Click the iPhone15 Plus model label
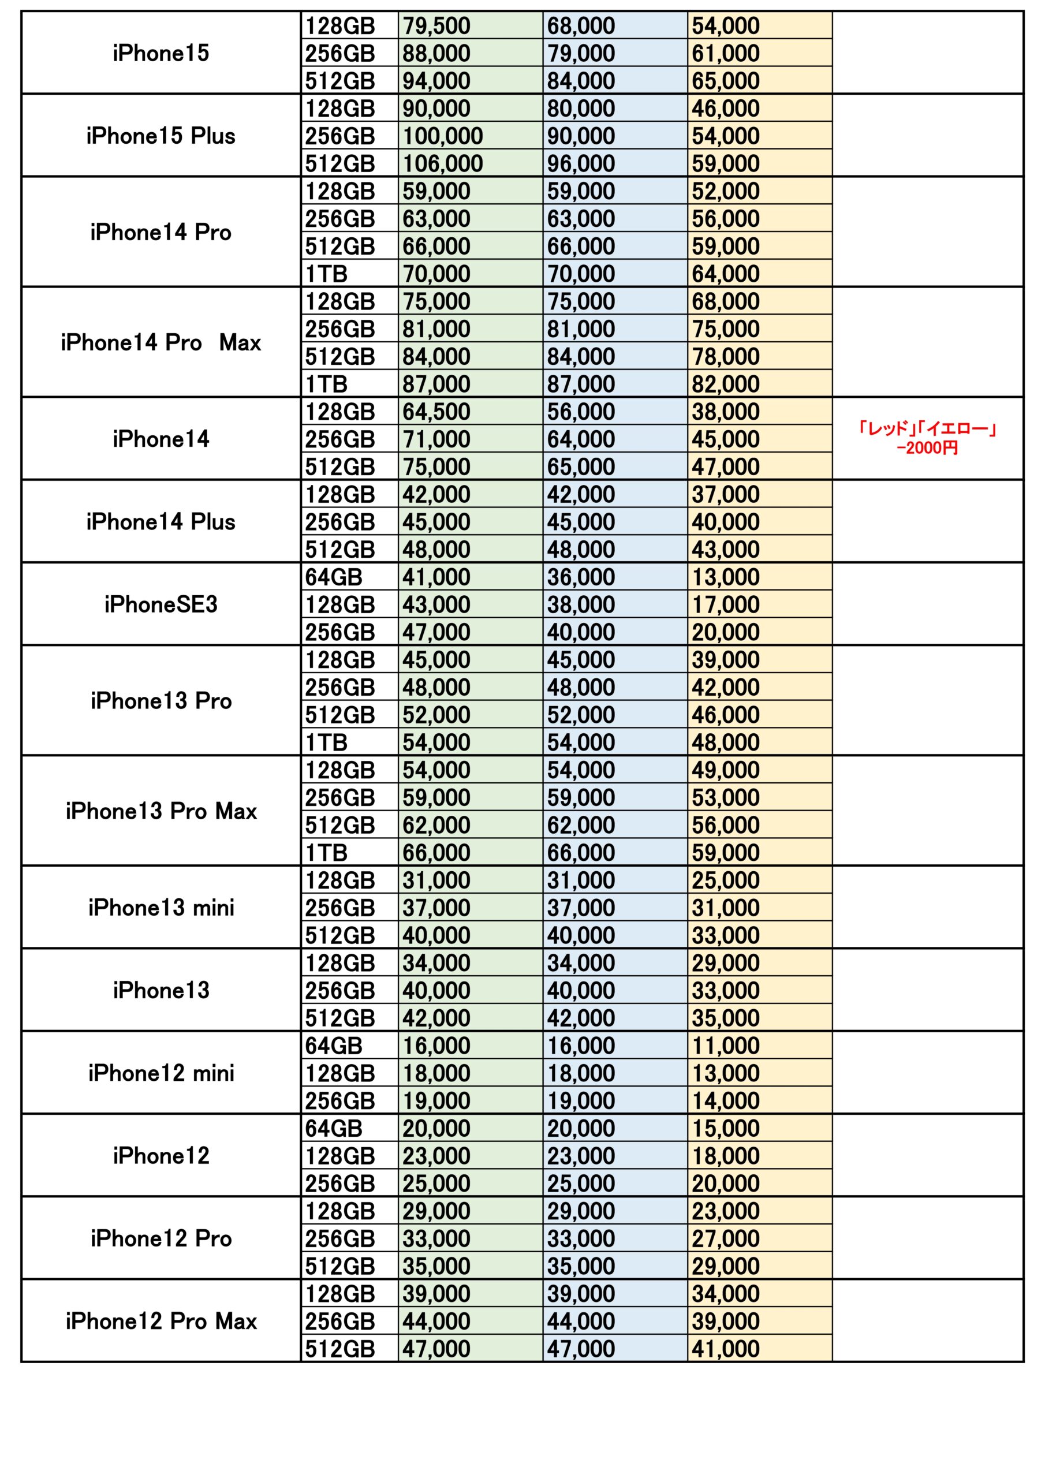pos(161,136)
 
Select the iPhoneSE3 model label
pos(161,604)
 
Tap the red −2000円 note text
pos(927,447)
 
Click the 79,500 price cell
pos(436,26)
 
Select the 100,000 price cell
pos(443,136)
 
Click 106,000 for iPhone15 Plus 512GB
pos(443,163)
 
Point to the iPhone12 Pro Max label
pos(161,1322)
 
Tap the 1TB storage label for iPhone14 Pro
pos(326,274)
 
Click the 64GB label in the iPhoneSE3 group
pos(334,577)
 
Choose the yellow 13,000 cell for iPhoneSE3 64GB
pos(726,577)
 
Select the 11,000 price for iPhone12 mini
pos(726,1046)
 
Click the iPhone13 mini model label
pos(161,908)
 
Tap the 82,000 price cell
pos(726,385)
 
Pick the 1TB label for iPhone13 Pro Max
pos(326,853)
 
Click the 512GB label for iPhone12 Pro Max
pos(340,1349)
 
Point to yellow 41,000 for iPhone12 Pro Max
pos(726,1349)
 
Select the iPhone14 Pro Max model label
pos(161,342)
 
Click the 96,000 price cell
pos(581,163)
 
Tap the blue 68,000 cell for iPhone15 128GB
pos(581,26)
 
